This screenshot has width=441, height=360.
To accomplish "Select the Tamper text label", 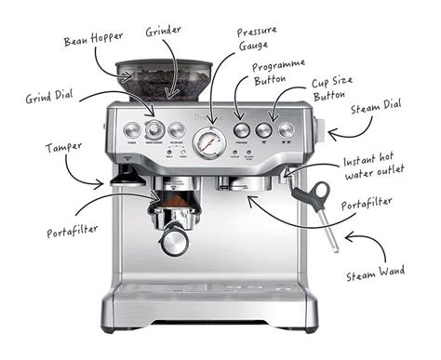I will pos(61,148).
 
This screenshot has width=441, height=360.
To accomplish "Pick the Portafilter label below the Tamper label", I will pos(73,230).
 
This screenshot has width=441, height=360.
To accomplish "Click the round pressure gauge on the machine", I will pos(208,142).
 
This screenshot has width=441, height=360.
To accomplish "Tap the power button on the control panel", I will pos(130,130).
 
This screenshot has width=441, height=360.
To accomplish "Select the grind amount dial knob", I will pos(154,130).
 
